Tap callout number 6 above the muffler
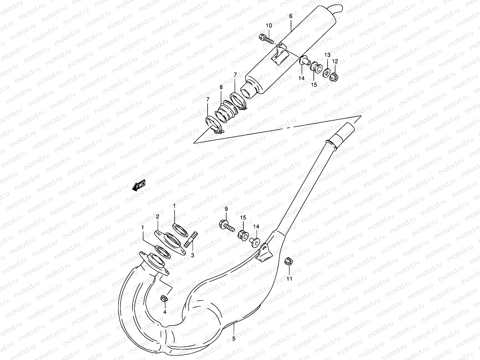pyautogui.click(x=291, y=16)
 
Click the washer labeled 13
pyautogui.click(x=327, y=73)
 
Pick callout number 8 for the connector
pyautogui.click(x=221, y=87)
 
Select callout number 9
pyautogui.click(x=226, y=208)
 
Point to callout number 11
pyautogui.click(x=289, y=279)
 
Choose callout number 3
pyautogui.click(x=193, y=255)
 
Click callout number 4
pyautogui.click(x=164, y=312)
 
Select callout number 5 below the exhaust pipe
pyautogui.click(x=234, y=339)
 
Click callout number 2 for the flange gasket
pyautogui.click(x=157, y=216)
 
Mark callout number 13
pyautogui.click(x=327, y=55)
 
